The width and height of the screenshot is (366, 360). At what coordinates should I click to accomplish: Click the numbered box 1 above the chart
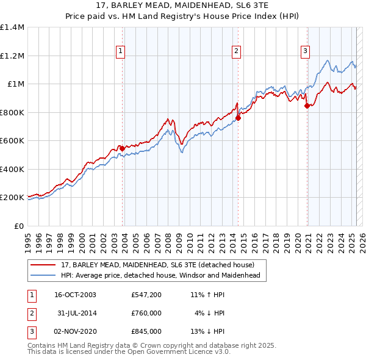tap(121, 51)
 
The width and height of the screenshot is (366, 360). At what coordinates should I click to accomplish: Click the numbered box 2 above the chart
tap(236, 51)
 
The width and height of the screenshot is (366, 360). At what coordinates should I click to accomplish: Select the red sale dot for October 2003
tap(122, 148)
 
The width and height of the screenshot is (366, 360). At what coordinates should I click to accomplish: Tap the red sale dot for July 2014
tap(239, 118)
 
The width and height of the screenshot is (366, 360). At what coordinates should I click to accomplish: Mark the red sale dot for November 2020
tap(307, 106)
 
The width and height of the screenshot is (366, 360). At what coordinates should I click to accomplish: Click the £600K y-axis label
tap(12, 141)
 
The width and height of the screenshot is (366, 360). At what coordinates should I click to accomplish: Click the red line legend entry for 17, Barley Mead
tap(161, 265)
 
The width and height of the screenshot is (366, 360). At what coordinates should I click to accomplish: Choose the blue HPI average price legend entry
tap(160, 275)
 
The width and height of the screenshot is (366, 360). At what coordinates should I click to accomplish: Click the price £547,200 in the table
tap(146, 295)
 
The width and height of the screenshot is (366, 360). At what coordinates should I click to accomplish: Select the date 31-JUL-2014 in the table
tap(76, 313)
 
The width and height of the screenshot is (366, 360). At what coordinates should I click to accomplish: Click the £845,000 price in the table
tap(146, 331)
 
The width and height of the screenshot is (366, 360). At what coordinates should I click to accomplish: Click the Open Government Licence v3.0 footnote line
tap(129, 352)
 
